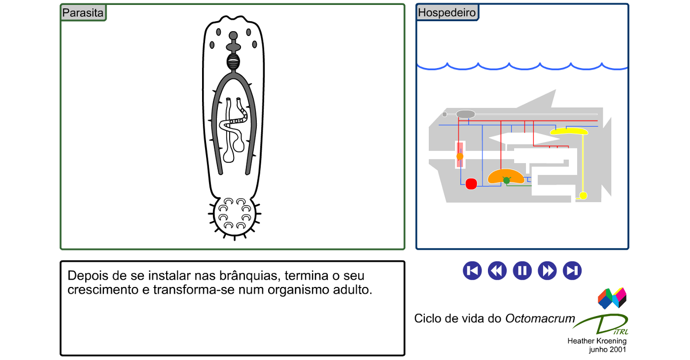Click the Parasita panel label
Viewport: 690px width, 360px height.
point(83,13)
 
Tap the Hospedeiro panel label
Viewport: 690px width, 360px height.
point(447,12)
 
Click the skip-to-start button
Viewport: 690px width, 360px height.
point(472,271)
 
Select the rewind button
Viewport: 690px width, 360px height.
point(497,271)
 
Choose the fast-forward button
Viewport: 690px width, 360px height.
point(547,271)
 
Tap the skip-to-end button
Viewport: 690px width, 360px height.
point(572,271)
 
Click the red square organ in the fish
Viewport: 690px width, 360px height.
point(471,184)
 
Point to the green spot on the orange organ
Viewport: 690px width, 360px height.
point(507,180)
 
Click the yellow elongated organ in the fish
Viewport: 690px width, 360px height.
point(569,132)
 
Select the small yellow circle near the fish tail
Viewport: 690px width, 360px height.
point(583,195)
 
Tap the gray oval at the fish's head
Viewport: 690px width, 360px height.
point(465,114)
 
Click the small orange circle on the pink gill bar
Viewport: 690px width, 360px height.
point(459,156)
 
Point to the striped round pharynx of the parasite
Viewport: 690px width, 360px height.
point(233,62)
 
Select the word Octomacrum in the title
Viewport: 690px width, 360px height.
point(540,319)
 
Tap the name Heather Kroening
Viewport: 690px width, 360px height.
point(597,341)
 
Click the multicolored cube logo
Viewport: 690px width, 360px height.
point(612,298)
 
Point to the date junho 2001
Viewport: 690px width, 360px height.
point(607,350)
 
